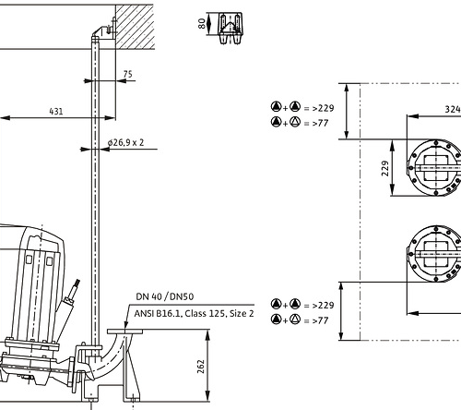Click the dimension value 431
56,111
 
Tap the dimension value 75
128,74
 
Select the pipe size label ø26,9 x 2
125,142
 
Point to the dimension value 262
200,367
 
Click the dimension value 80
202,23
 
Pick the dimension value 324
453,109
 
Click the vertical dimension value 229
385,168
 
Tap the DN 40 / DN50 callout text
165,296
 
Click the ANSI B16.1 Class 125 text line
194,313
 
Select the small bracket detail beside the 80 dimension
230,29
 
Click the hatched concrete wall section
135,27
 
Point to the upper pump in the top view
435,168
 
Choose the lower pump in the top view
435,254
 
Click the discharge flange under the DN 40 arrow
124,332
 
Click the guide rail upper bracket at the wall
105,30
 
